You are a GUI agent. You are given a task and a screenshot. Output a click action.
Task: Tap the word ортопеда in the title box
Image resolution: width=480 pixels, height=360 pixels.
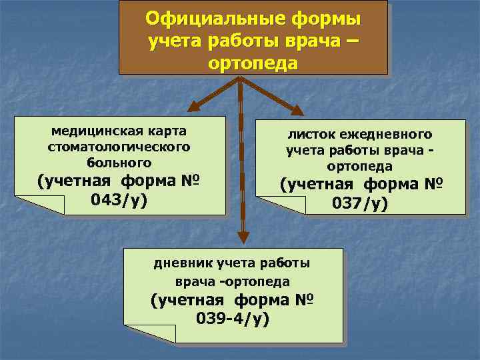tap(253, 65)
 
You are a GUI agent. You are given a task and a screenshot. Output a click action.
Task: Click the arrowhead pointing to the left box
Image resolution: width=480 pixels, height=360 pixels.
tap(194, 105)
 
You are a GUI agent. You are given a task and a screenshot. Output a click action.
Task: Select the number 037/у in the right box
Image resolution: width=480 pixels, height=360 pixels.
tap(360, 203)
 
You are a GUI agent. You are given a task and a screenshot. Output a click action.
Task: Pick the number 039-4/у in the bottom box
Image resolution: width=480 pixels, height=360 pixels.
tap(233, 319)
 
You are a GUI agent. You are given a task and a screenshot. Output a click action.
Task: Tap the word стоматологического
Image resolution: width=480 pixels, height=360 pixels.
tap(119, 146)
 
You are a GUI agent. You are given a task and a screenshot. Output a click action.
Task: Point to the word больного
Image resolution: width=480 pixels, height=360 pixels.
tap(119, 162)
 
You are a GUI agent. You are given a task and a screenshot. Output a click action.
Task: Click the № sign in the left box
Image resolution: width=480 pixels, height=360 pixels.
tap(190, 182)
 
